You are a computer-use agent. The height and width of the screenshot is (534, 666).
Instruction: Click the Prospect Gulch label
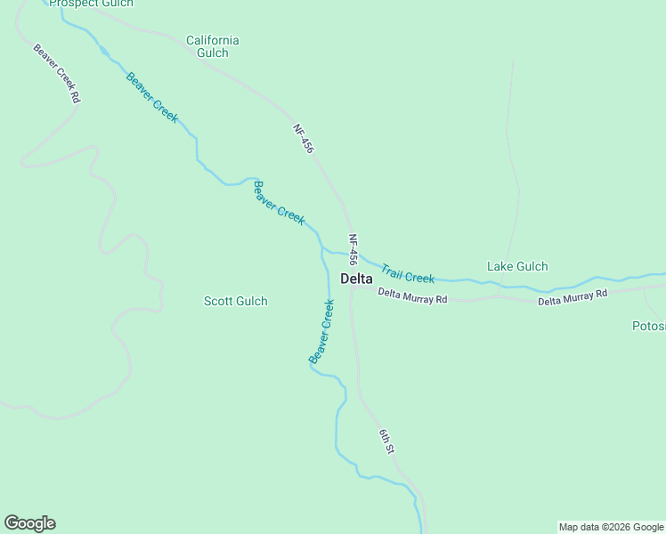[x=91, y=4]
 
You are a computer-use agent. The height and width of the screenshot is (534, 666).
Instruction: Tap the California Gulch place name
[x=212, y=46]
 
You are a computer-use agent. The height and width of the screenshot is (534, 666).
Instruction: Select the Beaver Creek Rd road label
[x=57, y=75]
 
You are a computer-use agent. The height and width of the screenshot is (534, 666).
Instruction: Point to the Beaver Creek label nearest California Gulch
[x=151, y=97]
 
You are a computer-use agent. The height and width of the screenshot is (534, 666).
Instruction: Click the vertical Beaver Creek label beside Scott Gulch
[x=321, y=331]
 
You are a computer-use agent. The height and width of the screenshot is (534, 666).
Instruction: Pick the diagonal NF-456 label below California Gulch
[x=304, y=139]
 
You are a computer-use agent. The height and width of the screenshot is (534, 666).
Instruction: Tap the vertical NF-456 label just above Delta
[x=353, y=250]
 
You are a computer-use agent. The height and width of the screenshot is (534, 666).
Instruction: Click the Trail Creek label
[x=408, y=273]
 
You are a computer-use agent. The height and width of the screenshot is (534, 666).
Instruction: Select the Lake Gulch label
[x=517, y=266]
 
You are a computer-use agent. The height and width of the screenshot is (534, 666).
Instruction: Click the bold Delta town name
[x=356, y=279]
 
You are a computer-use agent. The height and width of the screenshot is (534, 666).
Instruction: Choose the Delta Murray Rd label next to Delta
[x=412, y=296]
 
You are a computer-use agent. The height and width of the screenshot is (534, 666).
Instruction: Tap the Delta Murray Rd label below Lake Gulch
[x=573, y=297]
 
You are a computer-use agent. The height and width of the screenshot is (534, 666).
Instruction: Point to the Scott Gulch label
[x=236, y=301]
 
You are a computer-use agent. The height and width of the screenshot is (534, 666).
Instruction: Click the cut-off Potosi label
[x=648, y=326]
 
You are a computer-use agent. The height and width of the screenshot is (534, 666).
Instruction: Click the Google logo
[x=29, y=523]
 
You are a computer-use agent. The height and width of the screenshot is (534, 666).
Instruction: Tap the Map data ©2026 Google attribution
[x=611, y=527]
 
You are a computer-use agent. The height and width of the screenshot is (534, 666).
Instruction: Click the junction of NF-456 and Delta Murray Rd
[x=353, y=289]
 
